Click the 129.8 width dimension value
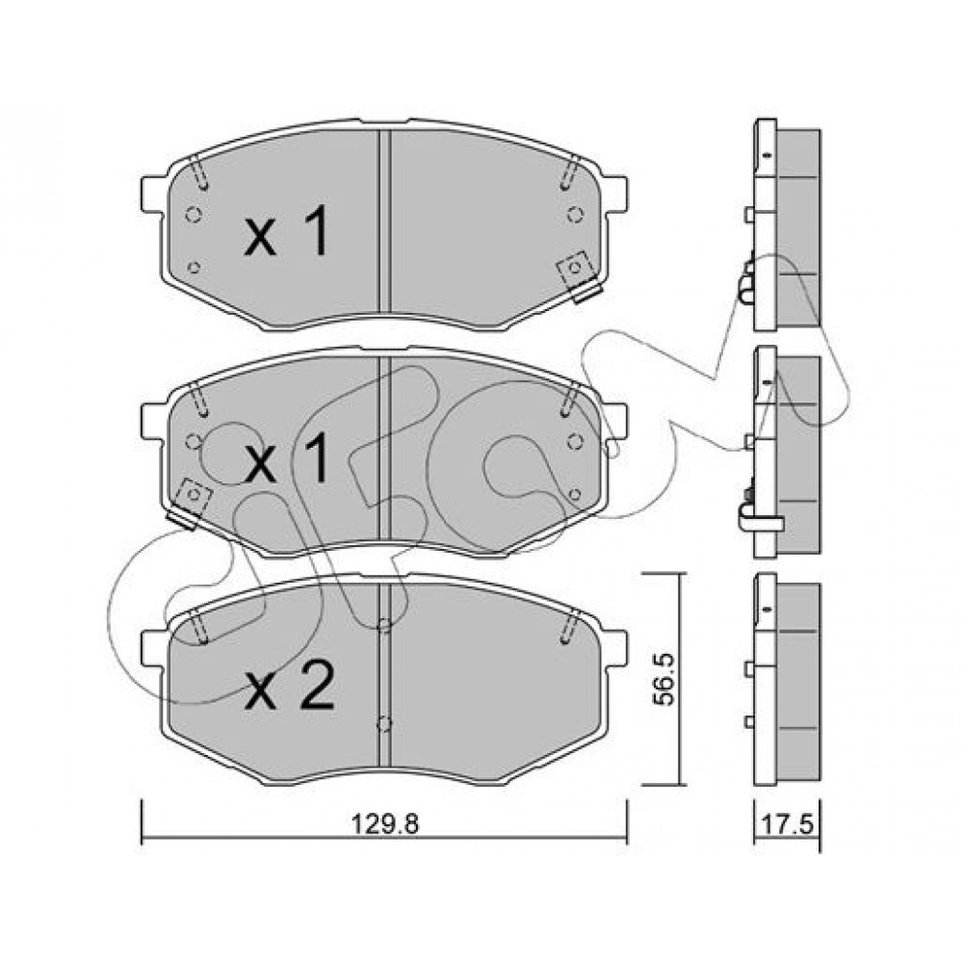(x=384, y=823)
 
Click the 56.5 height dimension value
(x=664, y=679)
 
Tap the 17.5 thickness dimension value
(x=788, y=824)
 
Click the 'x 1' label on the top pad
(x=287, y=231)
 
